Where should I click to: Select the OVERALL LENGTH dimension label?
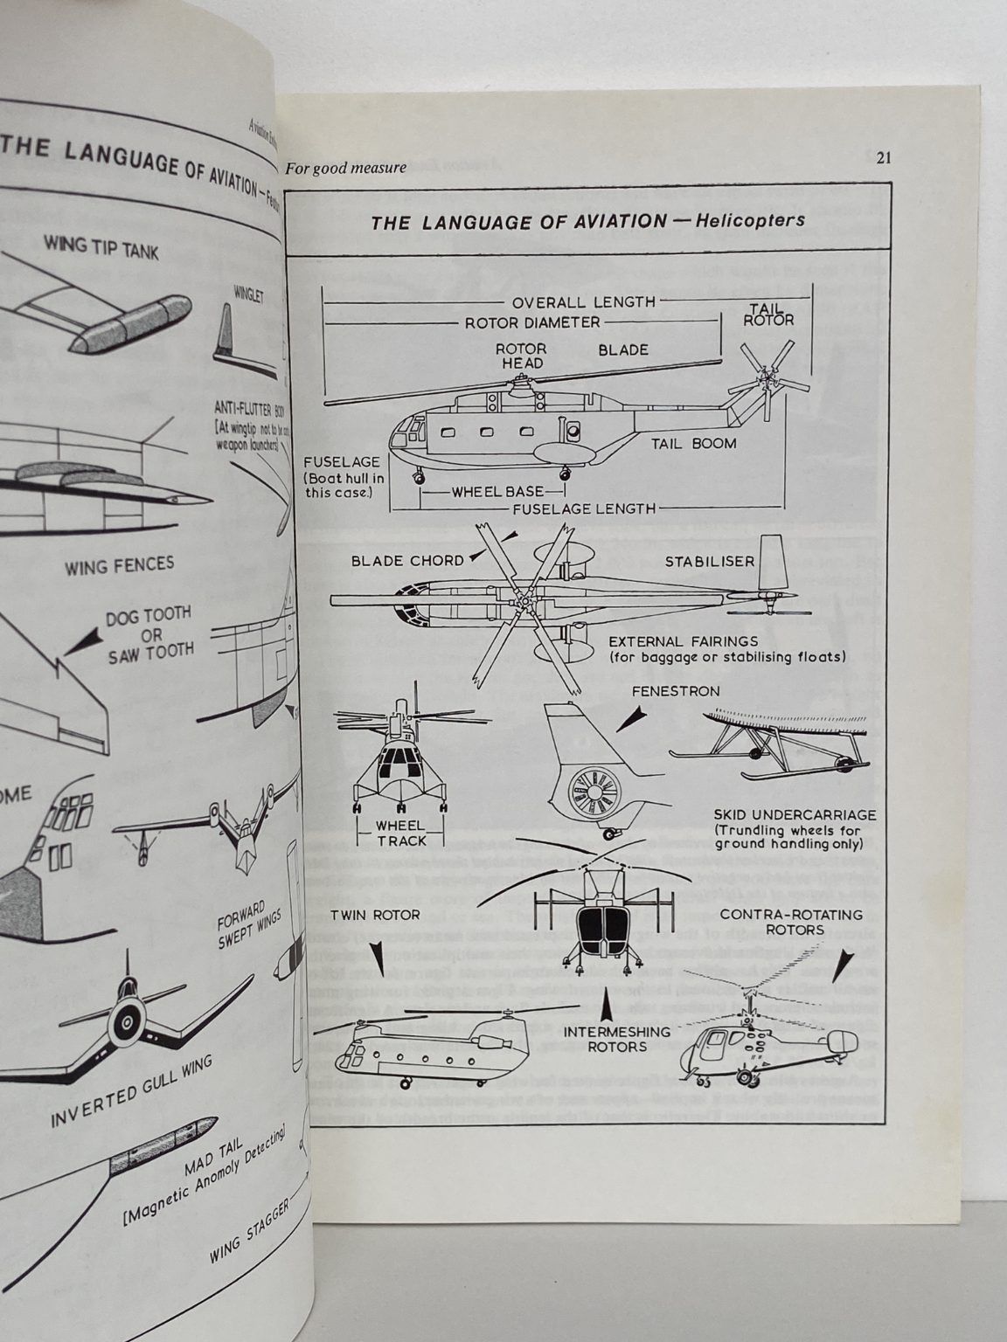(583, 302)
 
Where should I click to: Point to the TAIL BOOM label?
(693, 443)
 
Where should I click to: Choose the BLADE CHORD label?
(406, 560)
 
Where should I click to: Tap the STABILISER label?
(709, 561)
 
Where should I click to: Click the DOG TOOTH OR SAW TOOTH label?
(149, 633)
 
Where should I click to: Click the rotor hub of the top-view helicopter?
(522, 602)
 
